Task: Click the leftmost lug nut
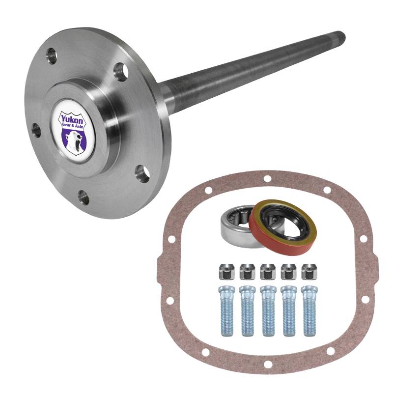(226, 272)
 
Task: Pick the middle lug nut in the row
(268, 272)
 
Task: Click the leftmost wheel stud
(227, 311)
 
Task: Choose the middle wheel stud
(268, 311)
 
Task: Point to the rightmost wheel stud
(309, 311)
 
